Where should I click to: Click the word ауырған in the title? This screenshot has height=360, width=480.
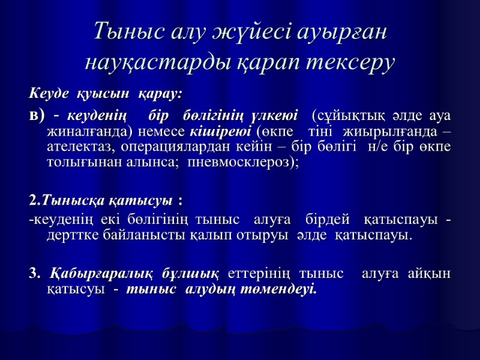[x=341, y=31]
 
